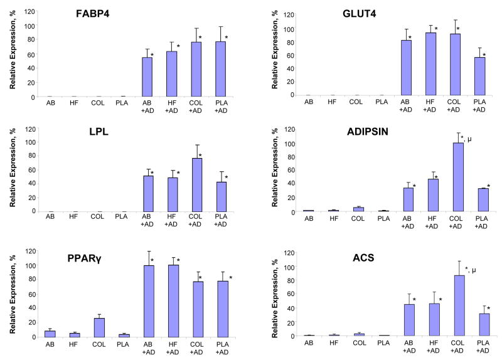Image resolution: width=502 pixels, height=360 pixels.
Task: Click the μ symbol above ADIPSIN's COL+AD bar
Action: point(470,138)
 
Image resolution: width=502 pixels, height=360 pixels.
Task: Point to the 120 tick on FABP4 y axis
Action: point(29,11)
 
